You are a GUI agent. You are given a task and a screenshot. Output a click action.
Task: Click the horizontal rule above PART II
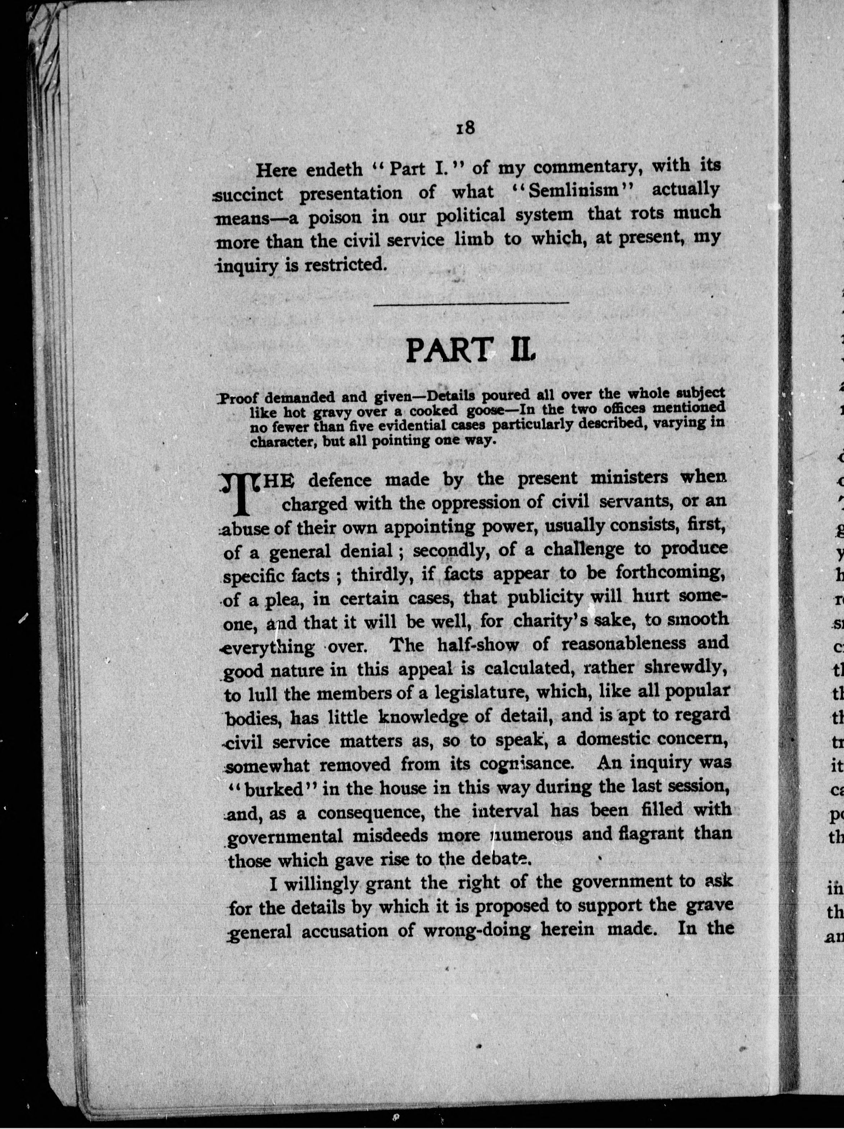click(471, 304)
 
